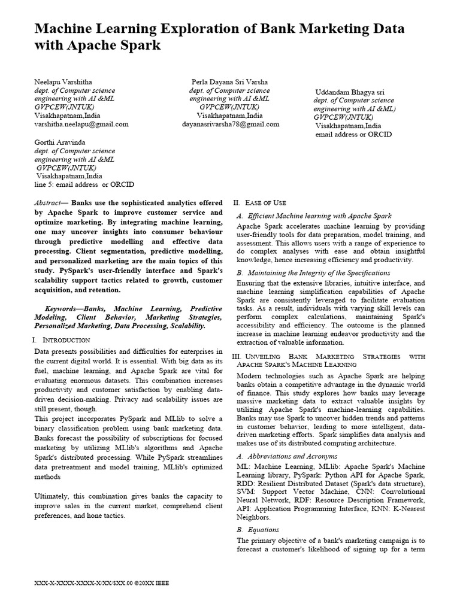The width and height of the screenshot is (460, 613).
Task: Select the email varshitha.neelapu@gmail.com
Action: click(x=81, y=125)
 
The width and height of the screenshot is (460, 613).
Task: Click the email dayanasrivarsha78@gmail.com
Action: click(x=231, y=125)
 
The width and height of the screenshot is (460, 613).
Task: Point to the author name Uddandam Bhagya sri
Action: click(x=350, y=92)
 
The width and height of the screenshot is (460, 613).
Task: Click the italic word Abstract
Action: click(x=49, y=203)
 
